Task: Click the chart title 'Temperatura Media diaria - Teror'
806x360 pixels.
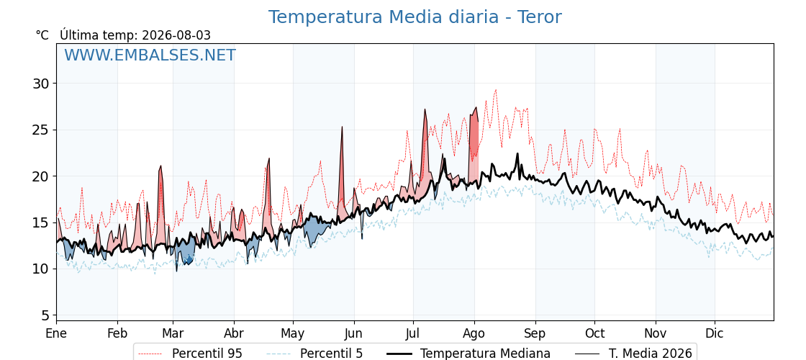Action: [x=415, y=17]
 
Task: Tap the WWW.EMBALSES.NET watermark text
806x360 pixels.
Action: [x=150, y=55]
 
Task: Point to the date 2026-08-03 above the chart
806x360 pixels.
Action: [x=176, y=35]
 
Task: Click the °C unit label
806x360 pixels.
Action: [x=42, y=35]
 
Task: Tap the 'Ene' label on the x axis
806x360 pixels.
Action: [x=56, y=333]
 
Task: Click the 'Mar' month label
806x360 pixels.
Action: [x=173, y=333]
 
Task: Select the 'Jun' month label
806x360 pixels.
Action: [x=353, y=333]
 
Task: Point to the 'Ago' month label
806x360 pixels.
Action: [x=474, y=334]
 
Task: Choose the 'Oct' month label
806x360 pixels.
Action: [x=594, y=333]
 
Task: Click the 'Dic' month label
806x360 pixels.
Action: [x=715, y=333]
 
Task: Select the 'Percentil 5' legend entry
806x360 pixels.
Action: [x=314, y=354]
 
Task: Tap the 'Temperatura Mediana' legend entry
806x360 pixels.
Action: [x=467, y=354]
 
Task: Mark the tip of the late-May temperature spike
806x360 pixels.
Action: [x=342, y=127]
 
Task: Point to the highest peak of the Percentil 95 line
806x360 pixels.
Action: [x=496, y=90]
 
